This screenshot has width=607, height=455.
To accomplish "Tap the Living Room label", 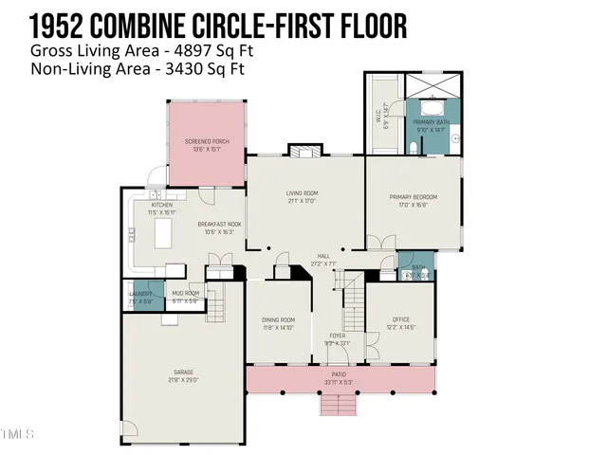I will [303, 193].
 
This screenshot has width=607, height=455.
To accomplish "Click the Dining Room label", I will [279, 320].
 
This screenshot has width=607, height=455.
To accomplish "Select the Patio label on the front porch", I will [339, 374].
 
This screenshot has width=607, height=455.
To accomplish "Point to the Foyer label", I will [338, 337].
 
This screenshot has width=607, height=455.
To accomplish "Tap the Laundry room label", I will [140, 295].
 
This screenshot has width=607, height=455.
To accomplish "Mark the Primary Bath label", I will [430, 123].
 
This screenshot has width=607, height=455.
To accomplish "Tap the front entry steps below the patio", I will [339, 405].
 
